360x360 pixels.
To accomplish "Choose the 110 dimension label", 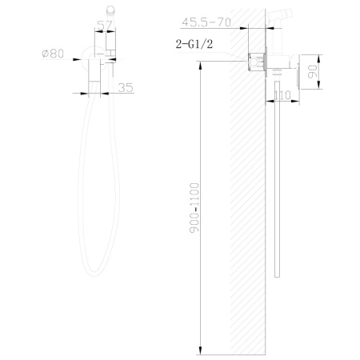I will [282, 95].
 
